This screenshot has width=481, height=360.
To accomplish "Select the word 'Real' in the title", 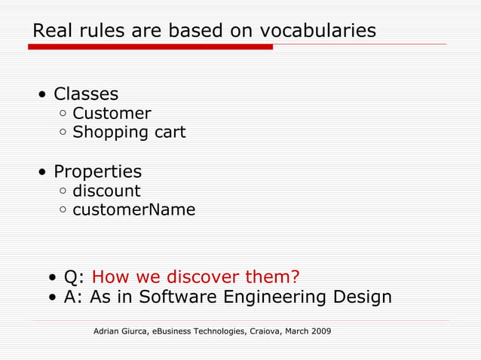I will [x=50, y=31].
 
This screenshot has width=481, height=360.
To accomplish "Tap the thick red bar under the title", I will [x=150, y=47].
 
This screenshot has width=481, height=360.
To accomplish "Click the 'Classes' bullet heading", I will [x=85, y=94].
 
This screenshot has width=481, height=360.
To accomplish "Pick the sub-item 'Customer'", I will [x=112, y=114].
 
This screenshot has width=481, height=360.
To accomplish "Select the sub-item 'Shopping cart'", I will [x=129, y=133].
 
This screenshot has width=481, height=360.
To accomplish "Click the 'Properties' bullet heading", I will [x=97, y=172].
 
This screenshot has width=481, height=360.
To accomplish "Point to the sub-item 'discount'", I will [x=106, y=191].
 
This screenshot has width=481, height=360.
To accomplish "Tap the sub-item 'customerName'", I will [x=133, y=210].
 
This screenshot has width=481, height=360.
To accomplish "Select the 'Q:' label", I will [x=74, y=276].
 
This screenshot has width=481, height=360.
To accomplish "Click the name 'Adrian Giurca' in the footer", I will [x=121, y=331].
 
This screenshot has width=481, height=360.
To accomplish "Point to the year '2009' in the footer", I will [x=319, y=331].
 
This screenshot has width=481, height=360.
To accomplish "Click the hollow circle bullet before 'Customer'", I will [x=63, y=114].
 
